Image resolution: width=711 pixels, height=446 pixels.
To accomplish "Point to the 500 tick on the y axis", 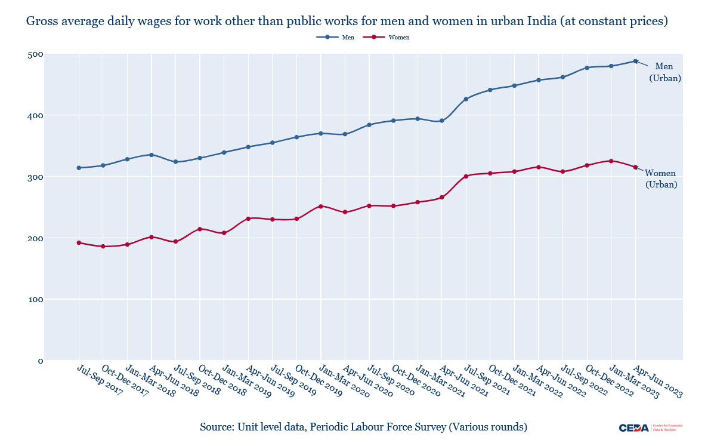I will [x=36, y=54].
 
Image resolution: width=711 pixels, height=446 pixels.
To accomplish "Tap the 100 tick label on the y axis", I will [x=36, y=299].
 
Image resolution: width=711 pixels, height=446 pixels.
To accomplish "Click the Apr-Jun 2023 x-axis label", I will [x=658, y=381].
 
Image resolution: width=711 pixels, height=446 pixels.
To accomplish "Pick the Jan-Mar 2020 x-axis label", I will [x=343, y=381].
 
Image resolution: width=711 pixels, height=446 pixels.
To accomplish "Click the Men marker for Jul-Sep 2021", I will [x=466, y=99].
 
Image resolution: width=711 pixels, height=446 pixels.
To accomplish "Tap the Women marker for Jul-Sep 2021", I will [x=466, y=176].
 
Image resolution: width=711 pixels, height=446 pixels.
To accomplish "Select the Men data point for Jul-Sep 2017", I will [x=79, y=168].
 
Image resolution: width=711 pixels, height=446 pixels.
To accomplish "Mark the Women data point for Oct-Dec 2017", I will [x=103, y=247].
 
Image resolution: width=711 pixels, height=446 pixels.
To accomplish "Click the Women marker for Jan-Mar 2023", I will [x=611, y=161].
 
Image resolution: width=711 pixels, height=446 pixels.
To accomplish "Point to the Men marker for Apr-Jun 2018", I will [x=152, y=155].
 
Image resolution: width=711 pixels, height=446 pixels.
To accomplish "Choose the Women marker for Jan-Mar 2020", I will [x=321, y=207].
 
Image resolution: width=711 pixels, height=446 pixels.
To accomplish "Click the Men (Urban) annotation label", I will [x=664, y=72].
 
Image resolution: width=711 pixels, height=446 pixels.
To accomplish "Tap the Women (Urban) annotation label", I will [x=661, y=179].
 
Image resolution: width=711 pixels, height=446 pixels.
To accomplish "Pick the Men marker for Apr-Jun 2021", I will [x=442, y=121].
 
